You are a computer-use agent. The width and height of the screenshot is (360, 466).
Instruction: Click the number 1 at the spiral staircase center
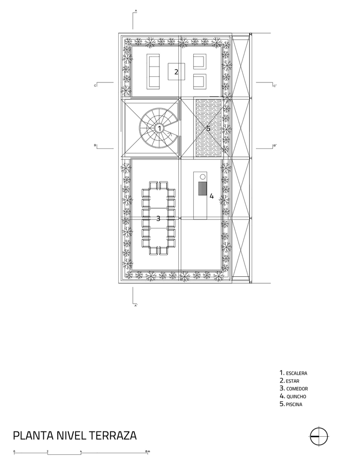[159, 129]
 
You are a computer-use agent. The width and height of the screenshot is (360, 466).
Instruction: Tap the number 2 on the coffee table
[176, 72]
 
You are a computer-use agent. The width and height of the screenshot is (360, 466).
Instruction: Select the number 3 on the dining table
[158, 219]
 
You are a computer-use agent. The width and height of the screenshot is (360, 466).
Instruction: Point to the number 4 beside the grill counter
[211, 196]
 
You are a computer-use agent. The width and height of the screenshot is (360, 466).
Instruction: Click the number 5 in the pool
[208, 129]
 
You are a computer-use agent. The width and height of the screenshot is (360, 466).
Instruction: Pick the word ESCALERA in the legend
[297, 373]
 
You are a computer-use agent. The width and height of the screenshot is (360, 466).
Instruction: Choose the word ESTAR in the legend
[292, 381]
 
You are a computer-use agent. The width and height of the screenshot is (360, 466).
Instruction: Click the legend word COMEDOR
[297, 389]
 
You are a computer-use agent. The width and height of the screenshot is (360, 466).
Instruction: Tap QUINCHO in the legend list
[296, 397]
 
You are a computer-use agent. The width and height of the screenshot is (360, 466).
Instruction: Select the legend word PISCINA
[294, 404]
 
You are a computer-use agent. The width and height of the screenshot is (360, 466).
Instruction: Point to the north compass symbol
[319, 436]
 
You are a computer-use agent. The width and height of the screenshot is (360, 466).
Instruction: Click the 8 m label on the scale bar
[148, 451]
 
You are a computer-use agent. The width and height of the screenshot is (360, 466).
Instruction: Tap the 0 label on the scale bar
[14, 451]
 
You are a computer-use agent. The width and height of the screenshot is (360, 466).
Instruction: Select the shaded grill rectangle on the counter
[202, 188]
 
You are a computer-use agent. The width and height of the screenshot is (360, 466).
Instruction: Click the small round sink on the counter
[203, 177]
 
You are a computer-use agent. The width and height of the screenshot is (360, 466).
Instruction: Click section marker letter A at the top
[136, 11]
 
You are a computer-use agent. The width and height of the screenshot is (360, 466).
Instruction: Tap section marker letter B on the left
[95, 145]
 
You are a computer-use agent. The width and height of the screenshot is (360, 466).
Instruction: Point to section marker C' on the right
[275, 86]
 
